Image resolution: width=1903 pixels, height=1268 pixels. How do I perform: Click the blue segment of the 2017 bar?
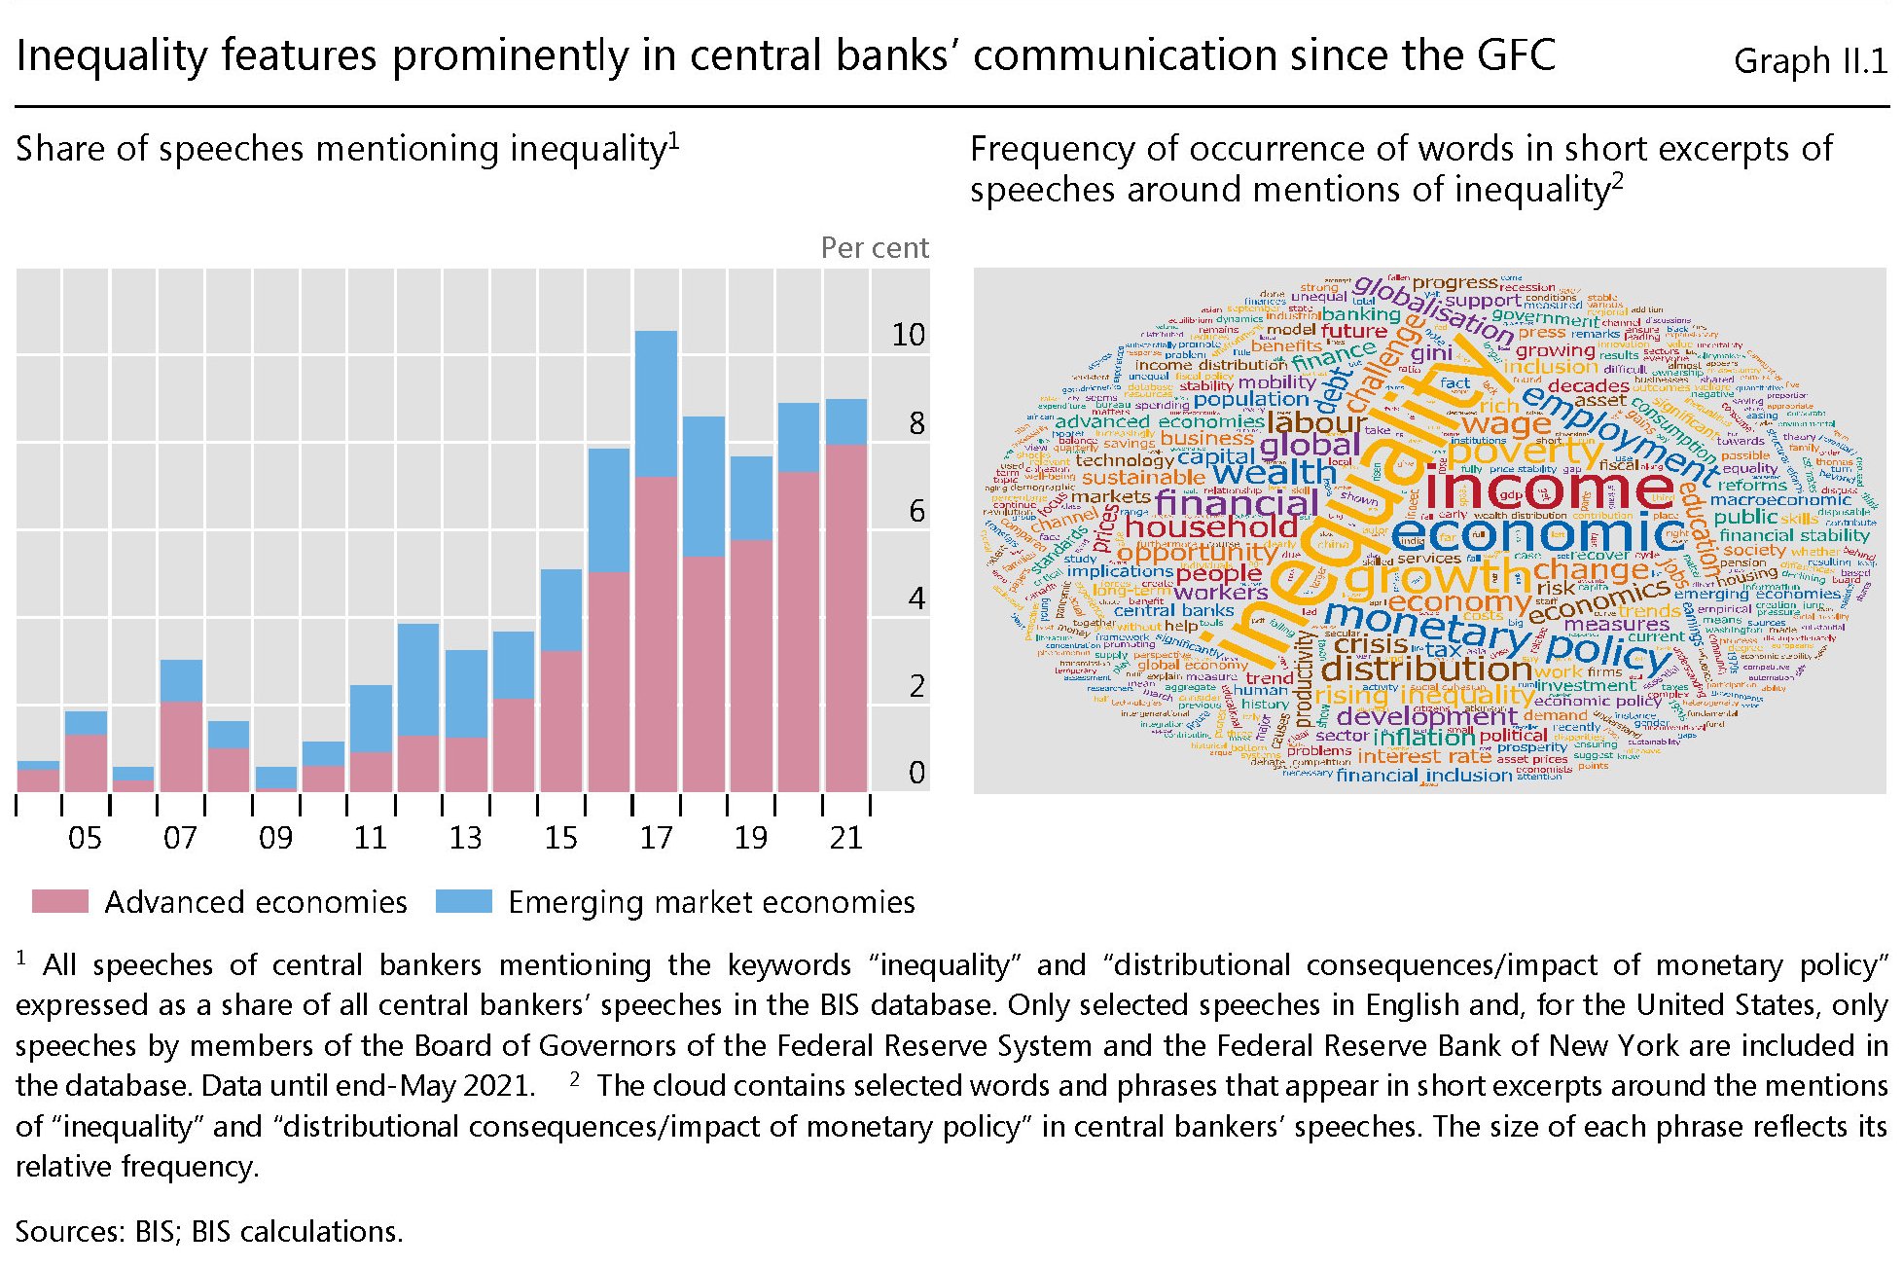(x=656, y=403)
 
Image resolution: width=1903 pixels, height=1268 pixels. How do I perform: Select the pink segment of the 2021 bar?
(x=846, y=617)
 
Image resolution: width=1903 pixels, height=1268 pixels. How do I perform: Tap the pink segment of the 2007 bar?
(x=181, y=745)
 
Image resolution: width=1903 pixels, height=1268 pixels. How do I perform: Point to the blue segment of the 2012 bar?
(x=418, y=678)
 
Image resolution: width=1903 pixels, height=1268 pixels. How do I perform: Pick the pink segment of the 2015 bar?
(x=561, y=720)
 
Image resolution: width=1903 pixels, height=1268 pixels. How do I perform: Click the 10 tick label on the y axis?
(x=909, y=336)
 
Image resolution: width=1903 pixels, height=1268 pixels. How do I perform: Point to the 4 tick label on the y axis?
(x=916, y=598)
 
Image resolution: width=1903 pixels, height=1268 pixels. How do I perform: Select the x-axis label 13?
(x=465, y=838)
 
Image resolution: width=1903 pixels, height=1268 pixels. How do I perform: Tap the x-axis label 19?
(x=751, y=838)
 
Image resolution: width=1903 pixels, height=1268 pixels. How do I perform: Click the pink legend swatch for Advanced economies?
(x=60, y=901)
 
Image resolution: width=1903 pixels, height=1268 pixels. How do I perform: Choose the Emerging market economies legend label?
(x=711, y=902)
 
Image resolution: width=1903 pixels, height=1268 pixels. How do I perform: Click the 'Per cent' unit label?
(x=875, y=248)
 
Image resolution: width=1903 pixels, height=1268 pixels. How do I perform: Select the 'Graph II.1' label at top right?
(x=1810, y=61)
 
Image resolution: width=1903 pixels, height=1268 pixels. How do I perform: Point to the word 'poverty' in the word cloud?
(x=1524, y=452)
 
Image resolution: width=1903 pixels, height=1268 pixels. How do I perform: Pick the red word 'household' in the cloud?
(x=1211, y=526)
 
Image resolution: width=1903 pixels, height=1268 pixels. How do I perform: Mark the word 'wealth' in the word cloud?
(x=1275, y=473)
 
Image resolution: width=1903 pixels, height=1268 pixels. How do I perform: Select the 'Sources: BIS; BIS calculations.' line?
(x=209, y=1232)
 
